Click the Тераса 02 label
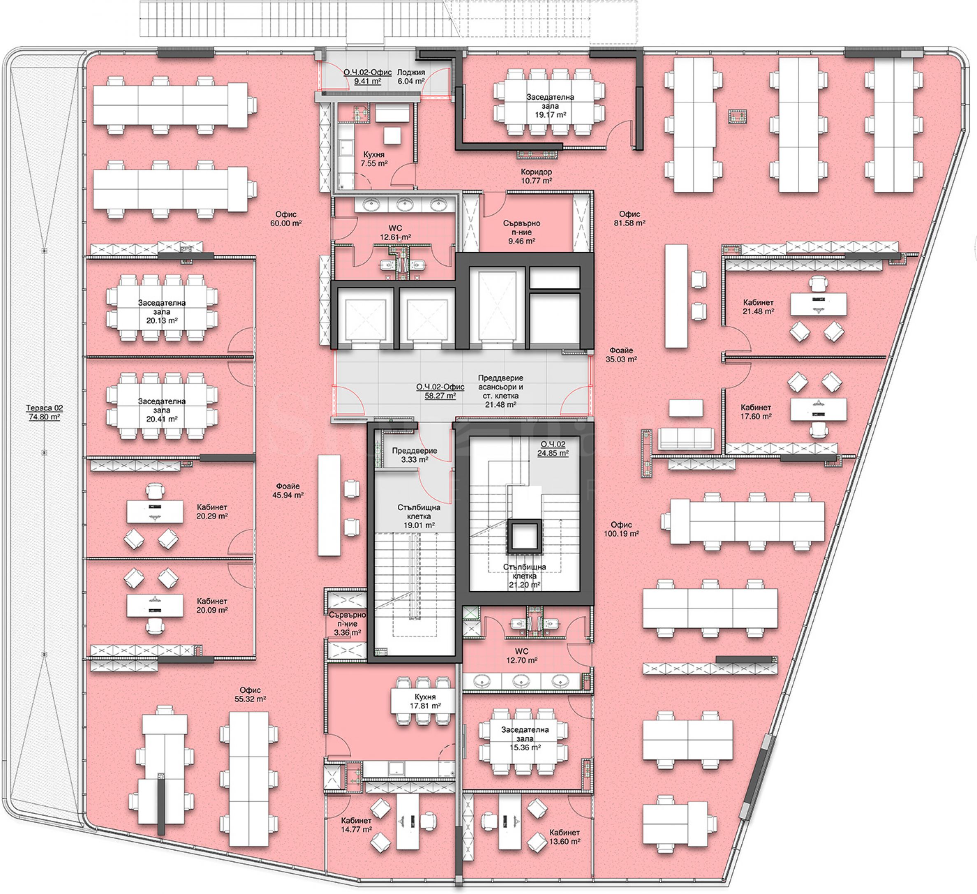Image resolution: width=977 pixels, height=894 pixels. tap(44, 408)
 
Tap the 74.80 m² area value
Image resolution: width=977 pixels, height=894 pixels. tap(44, 417)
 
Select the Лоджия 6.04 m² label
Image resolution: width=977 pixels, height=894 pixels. tap(411, 77)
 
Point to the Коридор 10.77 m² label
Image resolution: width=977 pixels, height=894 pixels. tap(536, 176)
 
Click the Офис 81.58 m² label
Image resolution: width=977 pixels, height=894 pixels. tap(629, 218)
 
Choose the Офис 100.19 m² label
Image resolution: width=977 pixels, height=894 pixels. tap(621, 529)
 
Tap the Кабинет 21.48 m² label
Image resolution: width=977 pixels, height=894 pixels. tap(759, 307)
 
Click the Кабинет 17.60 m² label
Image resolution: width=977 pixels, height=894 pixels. tap(756, 412)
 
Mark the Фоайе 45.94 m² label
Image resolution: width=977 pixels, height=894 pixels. tap(288, 490)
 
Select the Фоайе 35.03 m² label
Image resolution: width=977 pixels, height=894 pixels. tap(621, 355)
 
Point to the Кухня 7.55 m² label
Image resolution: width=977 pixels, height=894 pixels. tap(374, 159)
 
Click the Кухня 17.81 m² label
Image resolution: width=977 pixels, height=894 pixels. tap(425, 701)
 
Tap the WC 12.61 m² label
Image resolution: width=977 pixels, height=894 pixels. tap(395, 232)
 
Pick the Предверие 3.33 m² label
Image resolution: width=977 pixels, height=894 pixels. tap(414, 455)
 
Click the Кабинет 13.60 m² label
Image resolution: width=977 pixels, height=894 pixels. tap(564, 837)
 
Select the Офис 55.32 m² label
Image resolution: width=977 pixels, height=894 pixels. tap(250, 694)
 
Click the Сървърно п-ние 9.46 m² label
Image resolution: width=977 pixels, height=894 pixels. tap(522, 232)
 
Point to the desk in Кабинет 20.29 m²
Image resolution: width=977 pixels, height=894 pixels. tap(155, 512)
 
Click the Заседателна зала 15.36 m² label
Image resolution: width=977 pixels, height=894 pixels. tap(525, 738)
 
